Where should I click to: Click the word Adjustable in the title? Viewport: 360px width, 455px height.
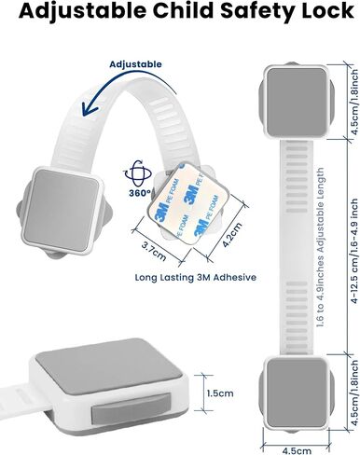[82, 11]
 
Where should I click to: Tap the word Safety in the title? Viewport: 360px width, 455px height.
[256, 11]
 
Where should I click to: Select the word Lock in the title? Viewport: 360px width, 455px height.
[326, 10]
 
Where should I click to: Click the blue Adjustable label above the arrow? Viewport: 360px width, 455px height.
[135, 64]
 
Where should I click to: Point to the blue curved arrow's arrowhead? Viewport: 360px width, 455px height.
[89, 109]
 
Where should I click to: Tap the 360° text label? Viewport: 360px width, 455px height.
[140, 193]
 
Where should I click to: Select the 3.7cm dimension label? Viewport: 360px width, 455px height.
[154, 251]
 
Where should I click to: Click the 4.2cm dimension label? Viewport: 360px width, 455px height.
[232, 235]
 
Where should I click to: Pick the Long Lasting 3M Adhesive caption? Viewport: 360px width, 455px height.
[196, 277]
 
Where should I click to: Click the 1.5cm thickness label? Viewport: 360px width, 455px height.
[220, 393]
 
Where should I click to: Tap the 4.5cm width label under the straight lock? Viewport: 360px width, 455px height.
[297, 450]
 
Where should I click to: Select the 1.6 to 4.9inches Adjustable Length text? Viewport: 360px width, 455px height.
[320, 248]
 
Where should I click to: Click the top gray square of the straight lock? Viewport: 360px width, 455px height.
[297, 102]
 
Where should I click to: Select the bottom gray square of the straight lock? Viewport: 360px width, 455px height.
[297, 393]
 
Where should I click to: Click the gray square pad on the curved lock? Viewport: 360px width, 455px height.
[62, 211]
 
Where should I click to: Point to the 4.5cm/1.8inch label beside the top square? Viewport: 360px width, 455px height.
[354, 102]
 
